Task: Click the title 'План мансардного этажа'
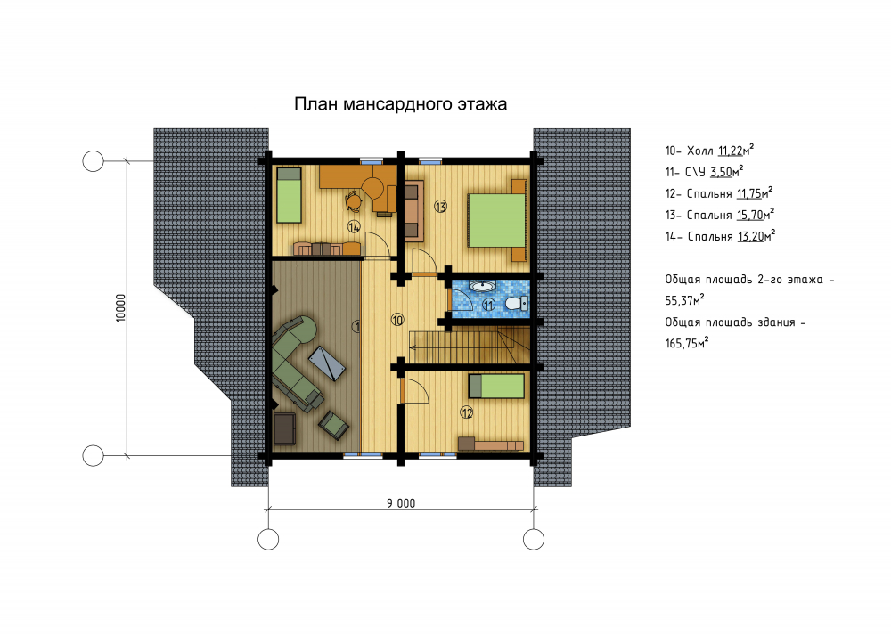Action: click(400, 104)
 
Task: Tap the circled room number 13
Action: click(440, 206)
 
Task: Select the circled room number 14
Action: click(354, 227)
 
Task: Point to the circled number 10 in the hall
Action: click(397, 320)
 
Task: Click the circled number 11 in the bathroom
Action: click(488, 306)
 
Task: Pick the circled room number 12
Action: click(467, 412)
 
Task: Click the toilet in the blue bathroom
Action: click(516, 303)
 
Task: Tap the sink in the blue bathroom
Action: click(482, 286)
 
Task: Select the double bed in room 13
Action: click(496, 220)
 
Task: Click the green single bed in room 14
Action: click(289, 195)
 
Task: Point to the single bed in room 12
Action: click(496, 387)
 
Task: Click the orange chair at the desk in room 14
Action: click(354, 200)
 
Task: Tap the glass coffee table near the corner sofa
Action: click(327, 363)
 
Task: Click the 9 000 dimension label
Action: click(401, 503)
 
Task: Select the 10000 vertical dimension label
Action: click(120, 308)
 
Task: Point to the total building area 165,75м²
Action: click(687, 343)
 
